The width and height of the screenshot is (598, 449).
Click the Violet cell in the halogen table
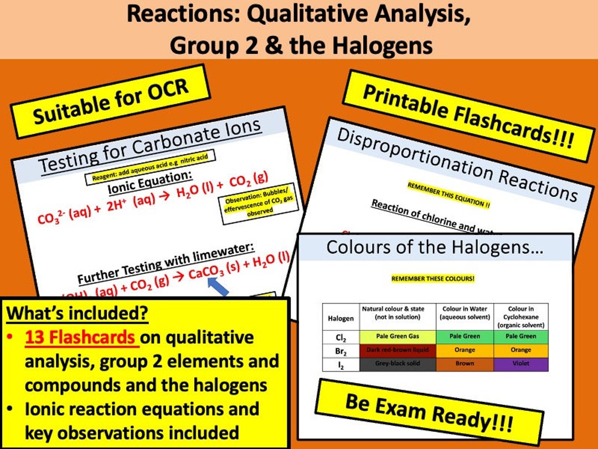[x=520, y=364]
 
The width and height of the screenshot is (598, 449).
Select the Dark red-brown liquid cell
[x=398, y=350]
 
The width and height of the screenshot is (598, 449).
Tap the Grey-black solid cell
[x=398, y=364]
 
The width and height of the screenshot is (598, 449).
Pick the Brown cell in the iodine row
[x=464, y=364]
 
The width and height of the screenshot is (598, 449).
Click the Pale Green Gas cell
[x=398, y=336]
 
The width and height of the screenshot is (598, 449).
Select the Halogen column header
[x=341, y=318]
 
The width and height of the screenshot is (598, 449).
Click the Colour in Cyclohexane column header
[x=520, y=317]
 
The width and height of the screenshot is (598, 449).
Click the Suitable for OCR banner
[x=111, y=101]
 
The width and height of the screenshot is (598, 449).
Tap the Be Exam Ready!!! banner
[x=429, y=413]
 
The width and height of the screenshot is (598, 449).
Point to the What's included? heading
[x=78, y=313]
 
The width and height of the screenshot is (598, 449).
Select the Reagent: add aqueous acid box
[x=149, y=168]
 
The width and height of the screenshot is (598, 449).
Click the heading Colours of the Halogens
[x=435, y=247]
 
